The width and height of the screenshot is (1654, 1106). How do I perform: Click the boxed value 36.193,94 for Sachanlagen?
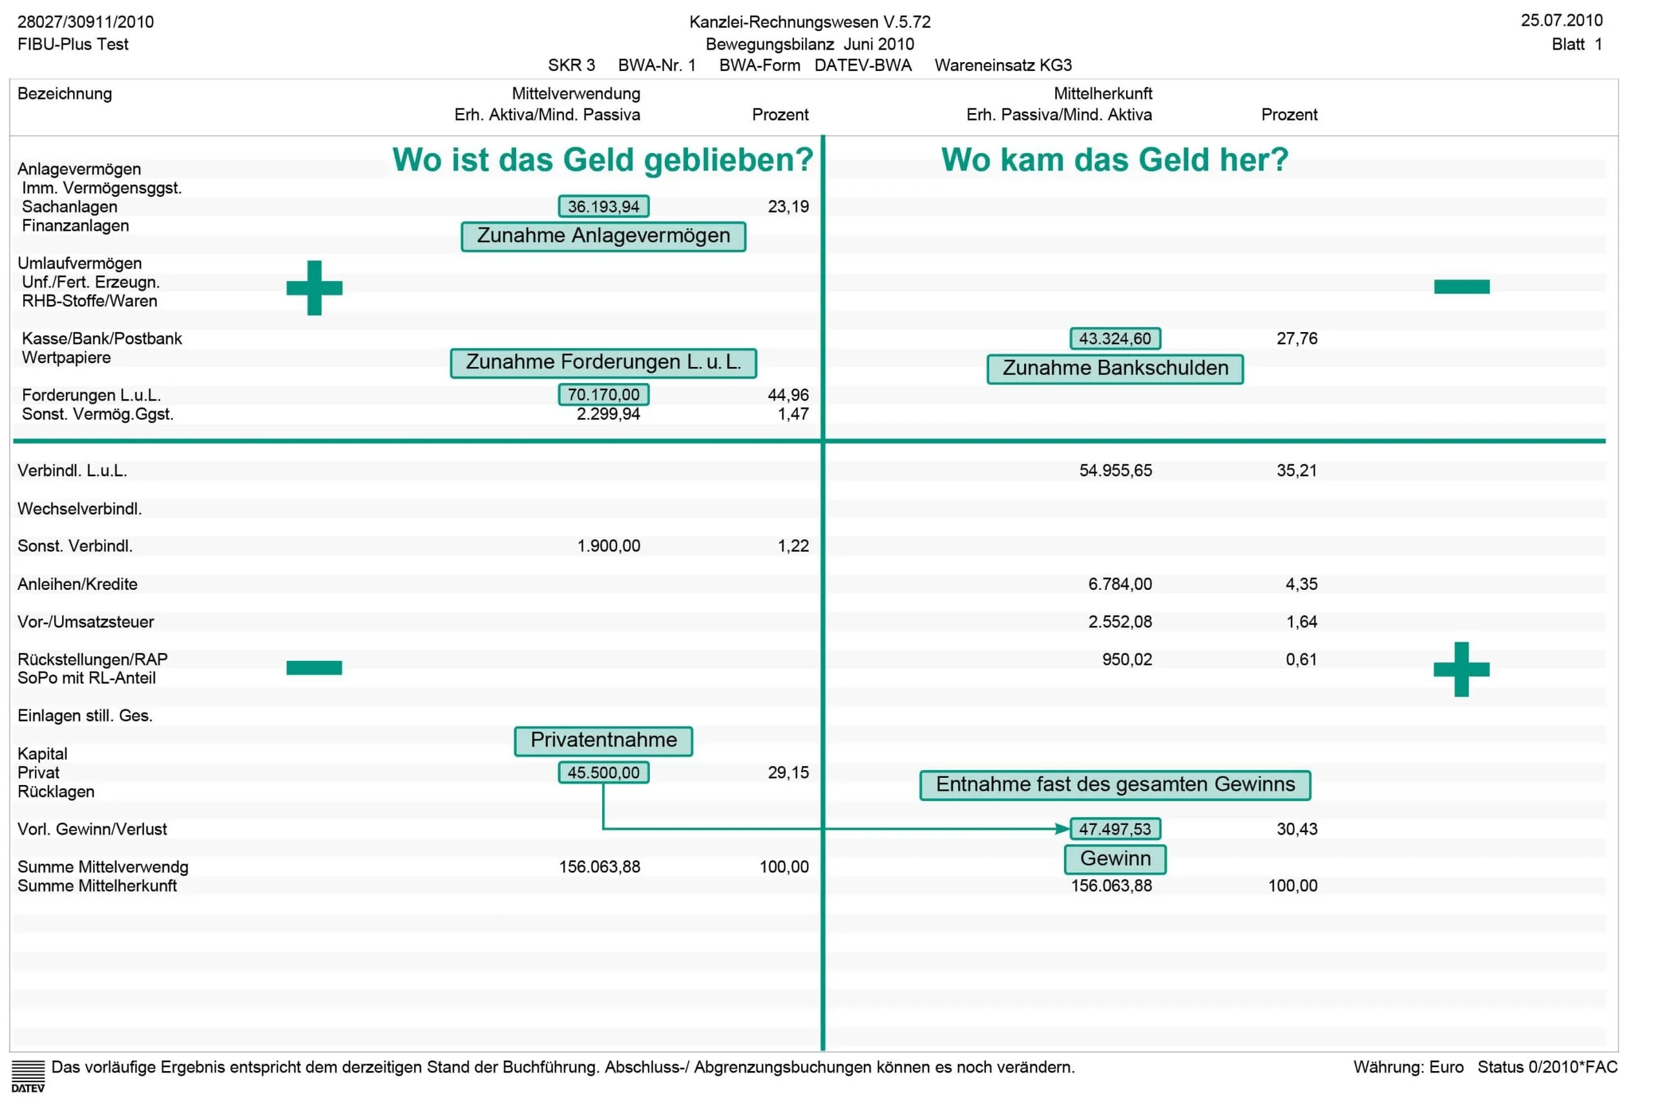click(x=603, y=207)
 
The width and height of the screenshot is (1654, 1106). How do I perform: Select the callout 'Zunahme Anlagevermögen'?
click(x=603, y=236)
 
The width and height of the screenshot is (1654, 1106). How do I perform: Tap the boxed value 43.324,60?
click(x=1115, y=339)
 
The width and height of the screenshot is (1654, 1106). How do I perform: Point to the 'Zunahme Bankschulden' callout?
click(x=1115, y=369)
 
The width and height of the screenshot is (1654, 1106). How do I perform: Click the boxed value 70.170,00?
click(x=603, y=395)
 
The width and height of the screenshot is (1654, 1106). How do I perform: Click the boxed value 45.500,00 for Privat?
click(x=603, y=773)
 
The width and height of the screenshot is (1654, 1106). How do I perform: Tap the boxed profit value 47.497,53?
click(x=1115, y=829)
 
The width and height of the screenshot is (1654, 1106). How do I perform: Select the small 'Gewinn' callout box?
click(x=1115, y=860)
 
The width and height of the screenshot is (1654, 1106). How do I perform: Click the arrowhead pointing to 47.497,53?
click(x=1062, y=829)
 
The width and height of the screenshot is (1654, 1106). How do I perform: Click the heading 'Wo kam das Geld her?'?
click(x=1115, y=160)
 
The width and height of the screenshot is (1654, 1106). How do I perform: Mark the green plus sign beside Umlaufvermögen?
click(x=315, y=287)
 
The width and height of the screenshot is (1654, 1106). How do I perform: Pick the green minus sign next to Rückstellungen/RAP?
click(x=315, y=668)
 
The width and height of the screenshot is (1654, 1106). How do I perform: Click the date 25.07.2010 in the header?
click(x=1562, y=21)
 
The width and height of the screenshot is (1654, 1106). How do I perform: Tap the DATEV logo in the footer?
click(x=28, y=1076)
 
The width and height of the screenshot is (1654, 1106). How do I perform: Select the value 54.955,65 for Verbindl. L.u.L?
click(x=1115, y=471)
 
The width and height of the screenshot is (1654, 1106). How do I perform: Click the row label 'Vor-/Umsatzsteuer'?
click(x=85, y=622)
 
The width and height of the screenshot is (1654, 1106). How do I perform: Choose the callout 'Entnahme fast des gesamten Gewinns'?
click(x=1115, y=786)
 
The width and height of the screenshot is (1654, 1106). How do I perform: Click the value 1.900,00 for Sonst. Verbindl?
click(x=609, y=547)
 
